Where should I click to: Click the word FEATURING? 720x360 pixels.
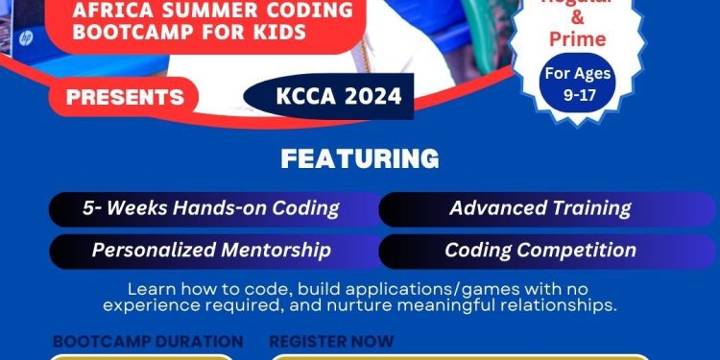[359, 158]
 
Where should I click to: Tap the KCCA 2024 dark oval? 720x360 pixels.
[327, 96]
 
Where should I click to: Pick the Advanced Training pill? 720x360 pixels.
[540, 208]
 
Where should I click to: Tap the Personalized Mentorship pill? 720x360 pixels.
[210, 251]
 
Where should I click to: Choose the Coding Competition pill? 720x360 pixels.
[540, 251]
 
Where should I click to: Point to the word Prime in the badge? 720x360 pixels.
[577, 39]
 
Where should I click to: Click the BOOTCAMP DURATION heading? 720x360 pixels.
[148, 342]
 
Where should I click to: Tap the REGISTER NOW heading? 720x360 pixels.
[331, 342]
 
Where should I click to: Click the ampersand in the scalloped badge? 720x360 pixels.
[577, 18]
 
